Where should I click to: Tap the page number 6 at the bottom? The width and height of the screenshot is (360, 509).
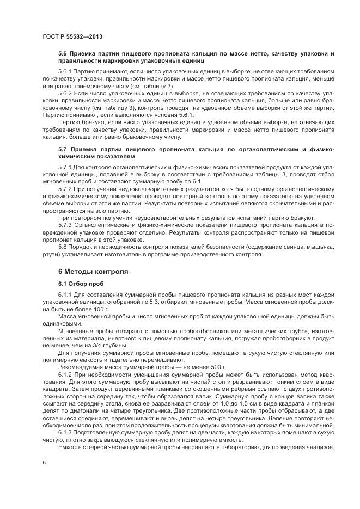coord(44,462)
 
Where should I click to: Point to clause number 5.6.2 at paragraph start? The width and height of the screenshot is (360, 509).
coord(66,93)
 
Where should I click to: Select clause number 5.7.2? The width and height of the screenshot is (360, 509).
coord(66,187)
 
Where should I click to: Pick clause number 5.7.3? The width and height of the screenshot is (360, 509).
coord(66,224)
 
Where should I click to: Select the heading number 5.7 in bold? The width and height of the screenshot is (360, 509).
coord(63,149)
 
